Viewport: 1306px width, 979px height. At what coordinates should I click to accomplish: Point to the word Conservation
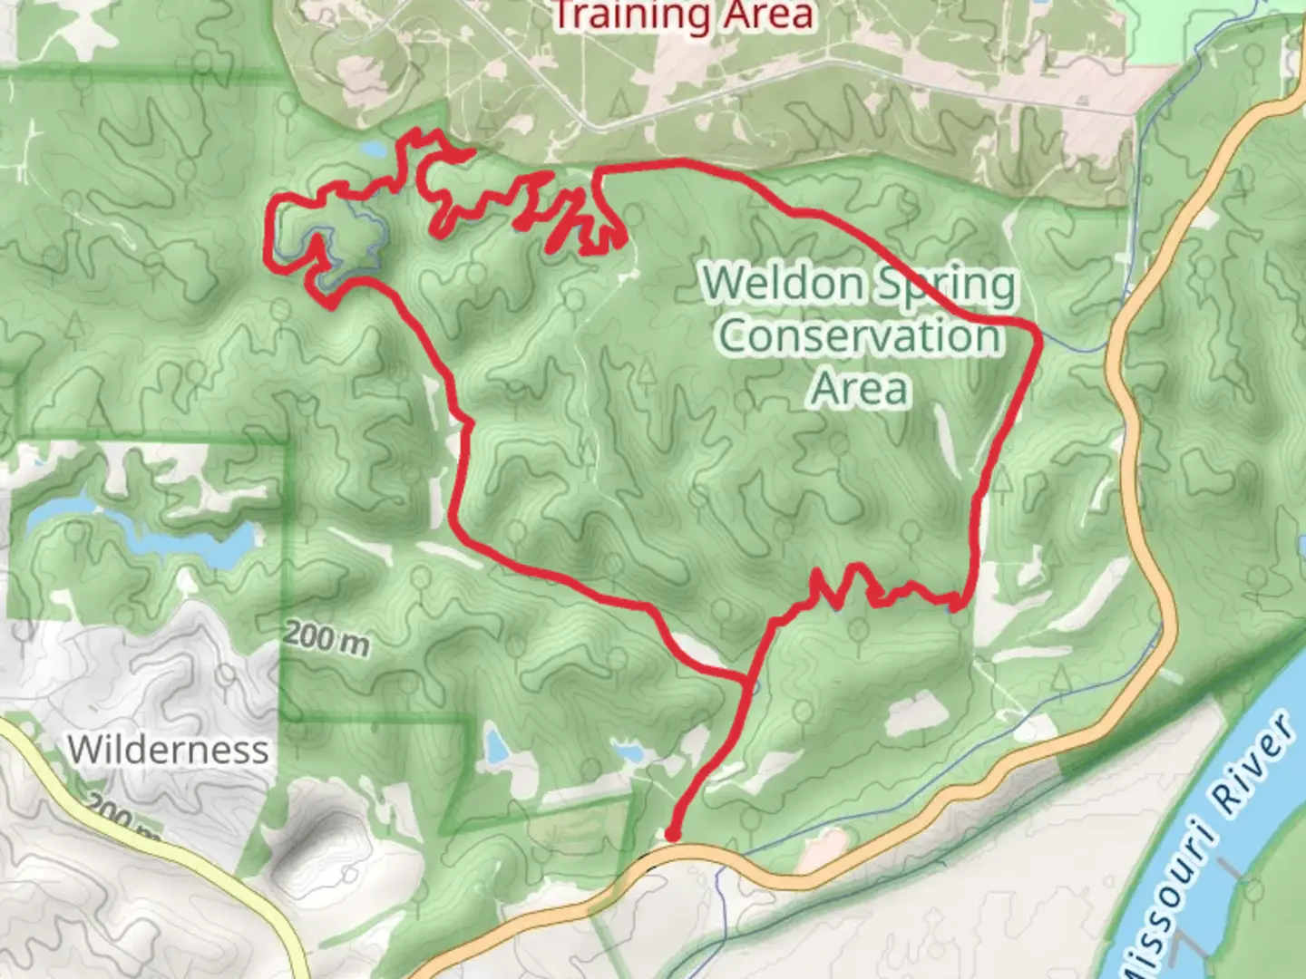860,336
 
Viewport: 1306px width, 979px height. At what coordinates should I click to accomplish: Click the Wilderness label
168,750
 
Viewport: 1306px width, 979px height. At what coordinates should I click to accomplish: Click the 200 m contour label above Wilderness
326,638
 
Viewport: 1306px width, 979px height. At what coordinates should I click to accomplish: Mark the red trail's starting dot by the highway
673,834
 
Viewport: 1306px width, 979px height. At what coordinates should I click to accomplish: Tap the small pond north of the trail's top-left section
374,148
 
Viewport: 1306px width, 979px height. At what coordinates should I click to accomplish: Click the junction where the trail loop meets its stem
746,678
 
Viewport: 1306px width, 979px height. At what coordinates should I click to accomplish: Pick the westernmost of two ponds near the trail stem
496,749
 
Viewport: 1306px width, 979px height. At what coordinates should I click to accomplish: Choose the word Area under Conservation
859,388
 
